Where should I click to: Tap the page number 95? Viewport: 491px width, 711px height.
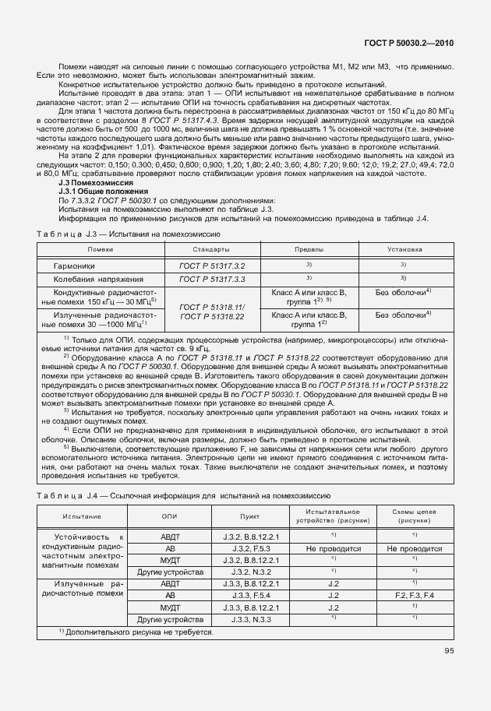point(449,651)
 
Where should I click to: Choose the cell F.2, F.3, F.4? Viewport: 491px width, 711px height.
point(414,595)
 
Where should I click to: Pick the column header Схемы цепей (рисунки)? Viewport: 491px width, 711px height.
point(414,516)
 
